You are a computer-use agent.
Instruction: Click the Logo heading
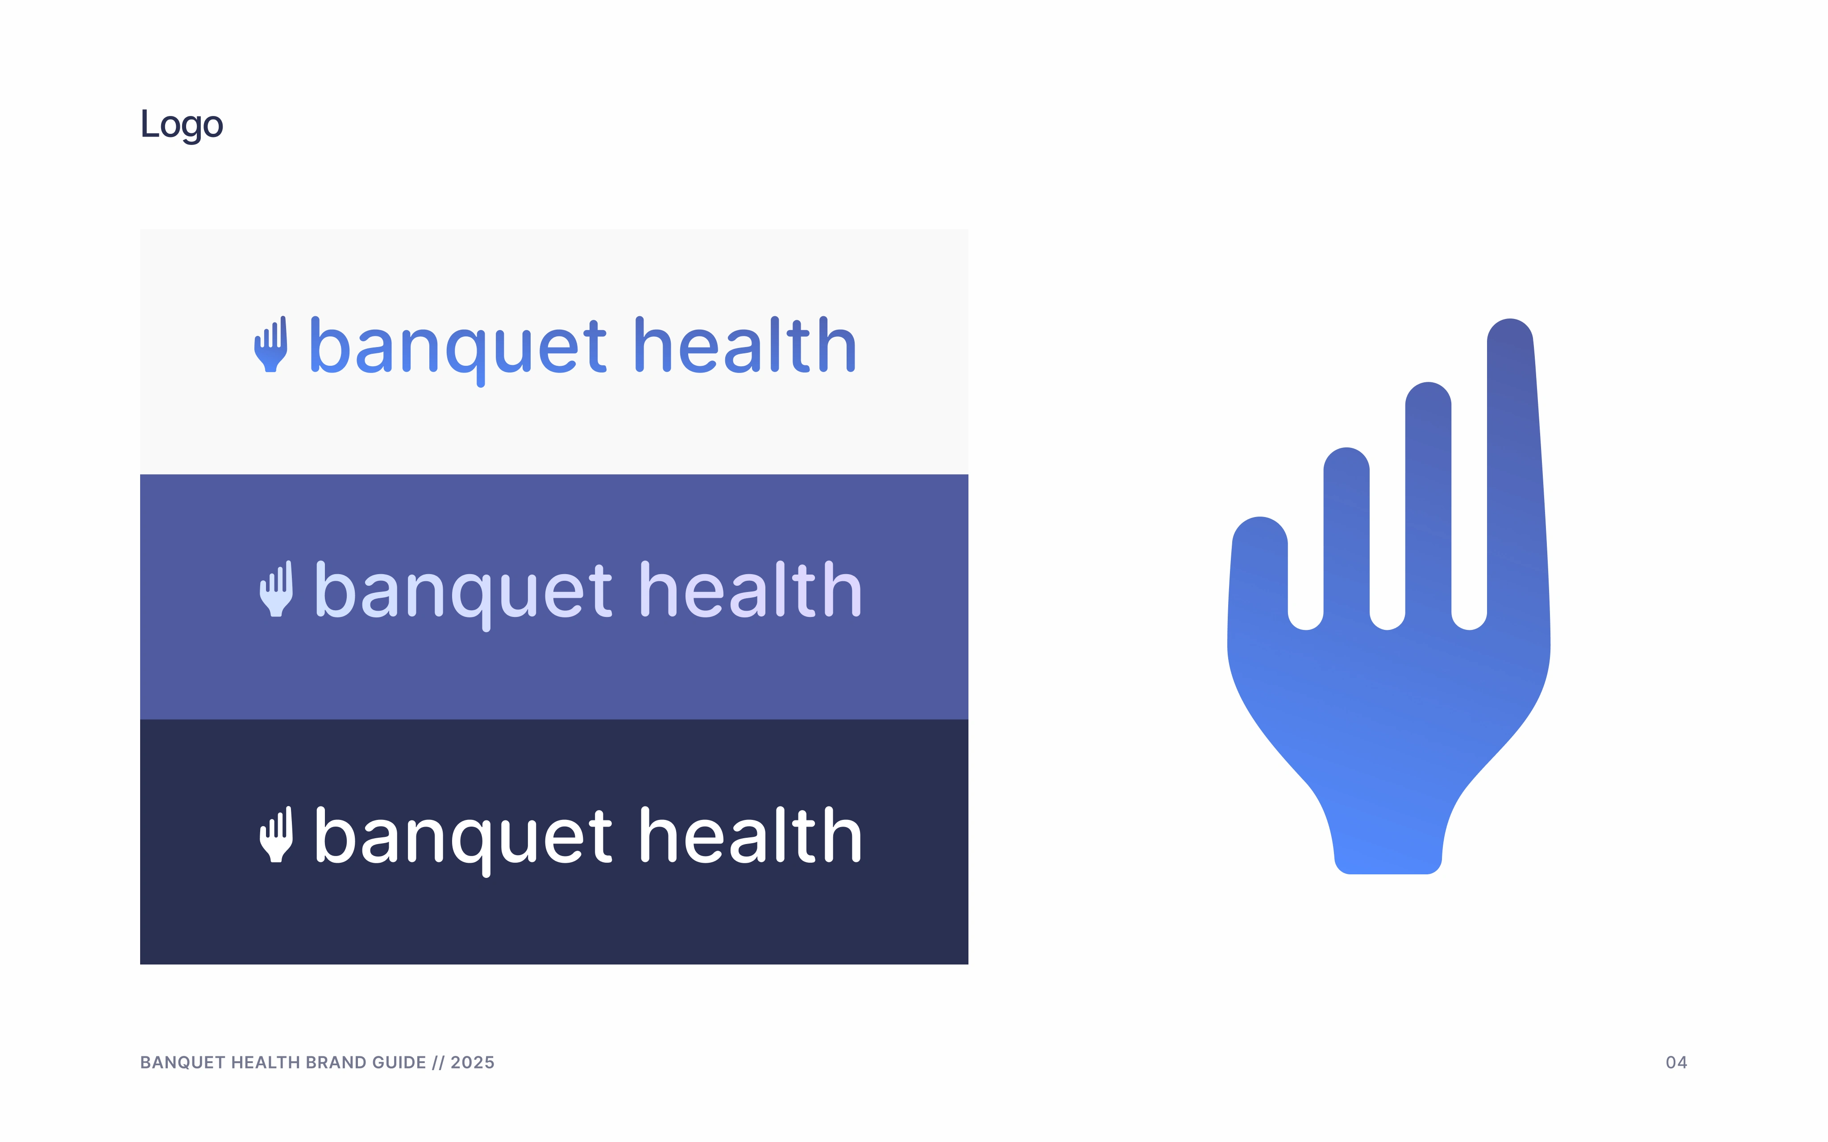tap(181, 124)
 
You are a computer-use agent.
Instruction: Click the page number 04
tap(1676, 1063)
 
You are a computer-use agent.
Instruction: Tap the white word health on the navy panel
tap(750, 836)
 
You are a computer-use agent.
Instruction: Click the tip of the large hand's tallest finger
tap(1510, 321)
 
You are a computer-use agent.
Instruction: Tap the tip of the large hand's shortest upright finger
tap(1346, 450)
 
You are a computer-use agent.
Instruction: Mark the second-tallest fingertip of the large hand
tap(1428, 385)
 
